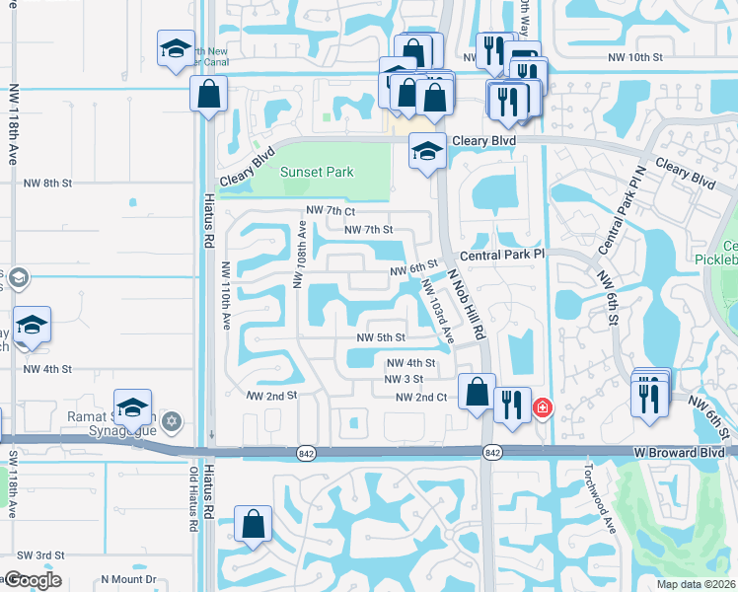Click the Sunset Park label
[x=316, y=172]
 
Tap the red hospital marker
[x=542, y=407]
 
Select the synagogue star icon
[x=172, y=421]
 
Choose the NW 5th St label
[x=381, y=337]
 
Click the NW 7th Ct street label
[x=330, y=211]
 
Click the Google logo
[x=32, y=579]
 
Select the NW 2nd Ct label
[x=421, y=397]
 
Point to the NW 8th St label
[x=48, y=184]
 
